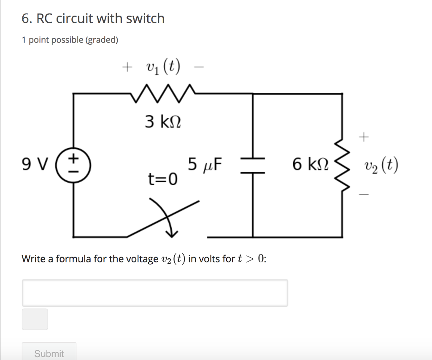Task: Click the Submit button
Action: point(49,353)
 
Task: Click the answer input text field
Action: point(155,292)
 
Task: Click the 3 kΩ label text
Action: point(163,122)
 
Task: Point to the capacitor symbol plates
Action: point(252,165)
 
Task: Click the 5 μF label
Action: point(205,165)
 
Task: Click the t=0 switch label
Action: point(162,180)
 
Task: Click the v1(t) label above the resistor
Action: point(163,67)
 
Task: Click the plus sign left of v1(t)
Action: point(126,67)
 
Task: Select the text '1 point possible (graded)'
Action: point(70,40)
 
